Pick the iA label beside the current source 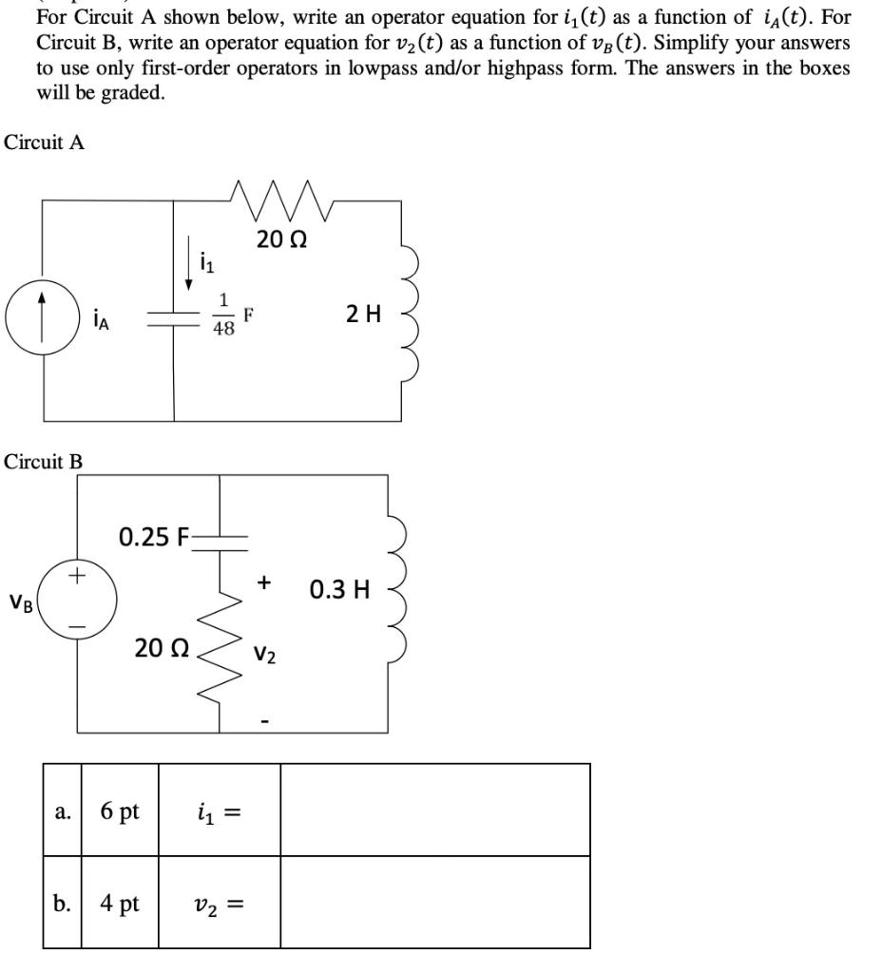point(101,321)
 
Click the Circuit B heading point(44,462)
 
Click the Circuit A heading point(45,143)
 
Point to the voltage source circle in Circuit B point(79,601)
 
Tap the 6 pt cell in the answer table point(120,811)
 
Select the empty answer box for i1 point(434,811)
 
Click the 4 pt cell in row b point(120,903)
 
